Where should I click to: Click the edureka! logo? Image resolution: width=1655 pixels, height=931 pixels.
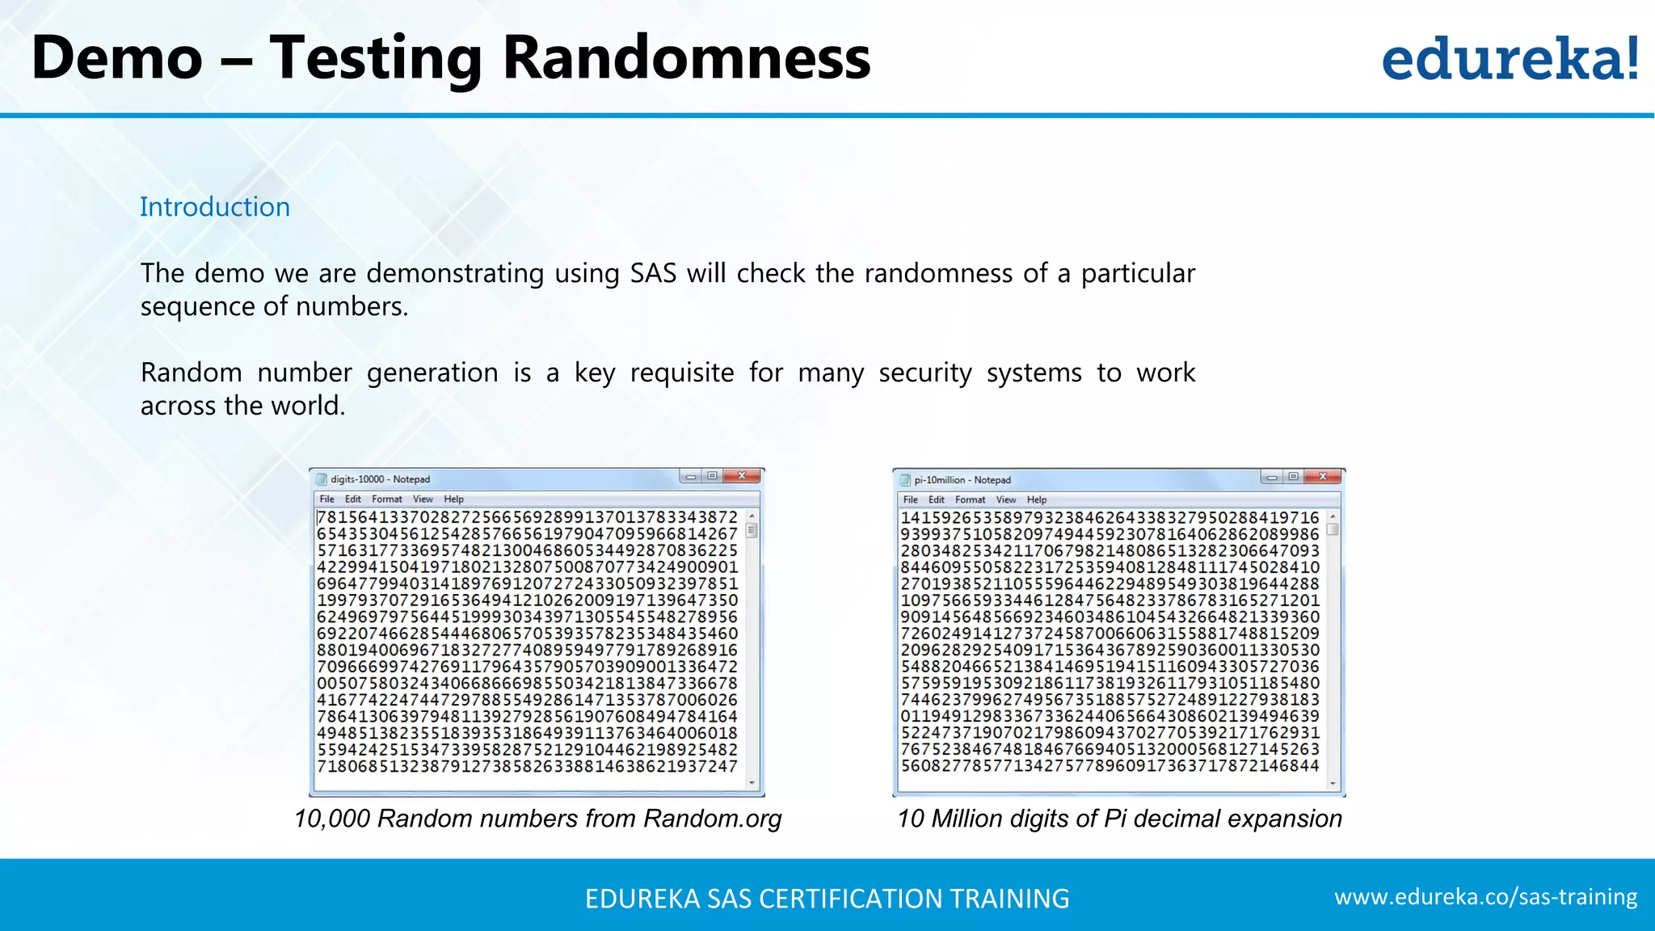click(1510, 60)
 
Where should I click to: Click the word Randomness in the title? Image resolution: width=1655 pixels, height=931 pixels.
click(686, 58)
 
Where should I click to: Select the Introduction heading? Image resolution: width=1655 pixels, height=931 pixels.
click(214, 207)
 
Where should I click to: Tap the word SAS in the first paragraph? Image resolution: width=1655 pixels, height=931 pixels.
click(653, 273)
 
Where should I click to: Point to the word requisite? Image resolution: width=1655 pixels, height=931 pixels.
click(681, 373)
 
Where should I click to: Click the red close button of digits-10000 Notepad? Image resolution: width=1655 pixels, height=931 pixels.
click(742, 476)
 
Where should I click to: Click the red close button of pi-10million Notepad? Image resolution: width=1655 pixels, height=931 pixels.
click(1324, 477)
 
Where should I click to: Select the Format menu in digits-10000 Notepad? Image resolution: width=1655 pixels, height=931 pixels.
click(386, 499)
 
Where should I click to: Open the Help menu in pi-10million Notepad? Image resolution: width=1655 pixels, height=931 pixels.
click(1036, 500)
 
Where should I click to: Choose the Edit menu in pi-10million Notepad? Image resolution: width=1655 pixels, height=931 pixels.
click(936, 500)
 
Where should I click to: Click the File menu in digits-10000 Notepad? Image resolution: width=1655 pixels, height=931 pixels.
click(326, 499)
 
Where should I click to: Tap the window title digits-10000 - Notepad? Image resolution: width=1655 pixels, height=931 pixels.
click(380, 479)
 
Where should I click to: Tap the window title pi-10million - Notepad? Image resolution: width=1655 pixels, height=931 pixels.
click(962, 480)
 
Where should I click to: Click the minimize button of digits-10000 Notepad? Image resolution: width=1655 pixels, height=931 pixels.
click(691, 477)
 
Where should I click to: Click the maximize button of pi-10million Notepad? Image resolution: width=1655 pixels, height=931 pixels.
click(1293, 477)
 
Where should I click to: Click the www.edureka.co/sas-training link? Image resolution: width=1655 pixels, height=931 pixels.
click(1485, 897)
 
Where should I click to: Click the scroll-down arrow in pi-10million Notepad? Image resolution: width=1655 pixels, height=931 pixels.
click(1333, 783)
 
